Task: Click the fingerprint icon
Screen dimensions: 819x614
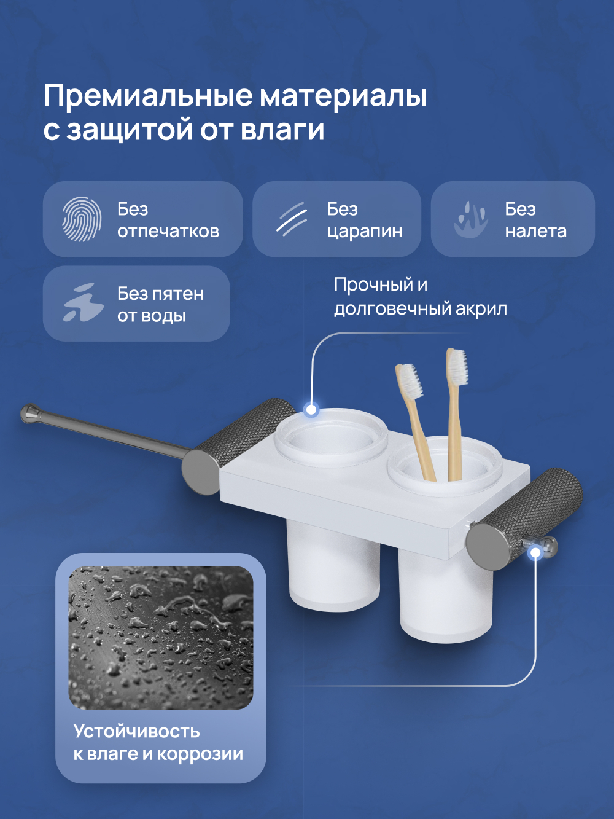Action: tap(81, 219)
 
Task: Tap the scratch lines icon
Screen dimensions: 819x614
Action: tap(291, 219)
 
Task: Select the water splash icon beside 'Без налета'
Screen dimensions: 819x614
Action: tap(470, 219)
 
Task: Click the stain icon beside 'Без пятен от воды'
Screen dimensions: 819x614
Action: tap(82, 303)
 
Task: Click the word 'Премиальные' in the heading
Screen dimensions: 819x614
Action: tap(147, 96)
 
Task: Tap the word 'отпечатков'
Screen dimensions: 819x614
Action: tap(168, 232)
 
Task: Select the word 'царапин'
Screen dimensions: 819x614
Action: tap(364, 232)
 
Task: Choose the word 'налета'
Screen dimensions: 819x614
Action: tap(535, 232)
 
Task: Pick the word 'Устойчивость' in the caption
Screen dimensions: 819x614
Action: tap(136, 731)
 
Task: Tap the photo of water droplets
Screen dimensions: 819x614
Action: tap(161, 638)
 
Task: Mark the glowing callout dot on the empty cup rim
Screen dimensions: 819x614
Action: tap(311, 409)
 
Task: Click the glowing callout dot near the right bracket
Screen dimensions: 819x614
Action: tap(535, 552)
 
